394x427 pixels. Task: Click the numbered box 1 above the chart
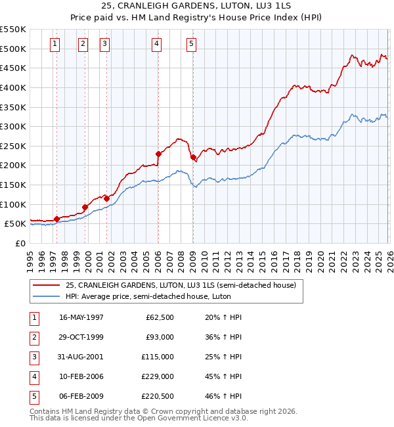(54, 44)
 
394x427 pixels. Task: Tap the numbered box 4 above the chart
(157, 44)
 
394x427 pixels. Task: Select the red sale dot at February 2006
(158, 154)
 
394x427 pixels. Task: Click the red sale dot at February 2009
(193, 157)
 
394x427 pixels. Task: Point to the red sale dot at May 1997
(56, 219)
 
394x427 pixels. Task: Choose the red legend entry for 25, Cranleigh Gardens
(181, 285)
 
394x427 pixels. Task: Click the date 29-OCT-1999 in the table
(81, 337)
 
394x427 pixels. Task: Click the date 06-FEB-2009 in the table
(81, 396)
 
